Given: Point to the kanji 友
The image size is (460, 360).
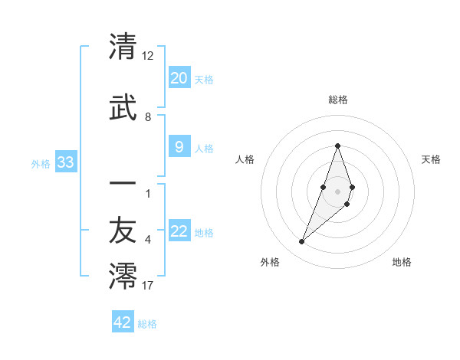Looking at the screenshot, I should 123,233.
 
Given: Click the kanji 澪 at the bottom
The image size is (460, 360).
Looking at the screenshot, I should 123,277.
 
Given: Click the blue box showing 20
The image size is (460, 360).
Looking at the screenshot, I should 179,78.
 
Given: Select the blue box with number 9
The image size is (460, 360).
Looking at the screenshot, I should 179,148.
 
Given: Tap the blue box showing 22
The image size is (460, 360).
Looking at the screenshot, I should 179,231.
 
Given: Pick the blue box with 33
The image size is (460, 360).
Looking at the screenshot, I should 65,162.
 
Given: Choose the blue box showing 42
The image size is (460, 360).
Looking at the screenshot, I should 123,322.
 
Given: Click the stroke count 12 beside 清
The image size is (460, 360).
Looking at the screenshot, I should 148,56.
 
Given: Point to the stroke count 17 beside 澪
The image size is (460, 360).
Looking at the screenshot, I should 148,286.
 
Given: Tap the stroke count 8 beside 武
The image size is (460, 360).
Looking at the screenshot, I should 148,117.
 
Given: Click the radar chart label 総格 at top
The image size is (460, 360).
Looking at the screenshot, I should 337,100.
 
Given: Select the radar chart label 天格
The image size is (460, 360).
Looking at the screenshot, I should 431,159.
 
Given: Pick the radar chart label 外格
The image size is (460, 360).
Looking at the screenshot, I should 270,262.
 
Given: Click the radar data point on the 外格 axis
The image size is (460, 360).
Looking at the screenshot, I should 301,242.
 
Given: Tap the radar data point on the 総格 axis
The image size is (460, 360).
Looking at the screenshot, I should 337,146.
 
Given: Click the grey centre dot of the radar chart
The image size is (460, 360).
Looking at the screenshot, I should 337,191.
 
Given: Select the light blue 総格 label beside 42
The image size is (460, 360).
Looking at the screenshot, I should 147,324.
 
